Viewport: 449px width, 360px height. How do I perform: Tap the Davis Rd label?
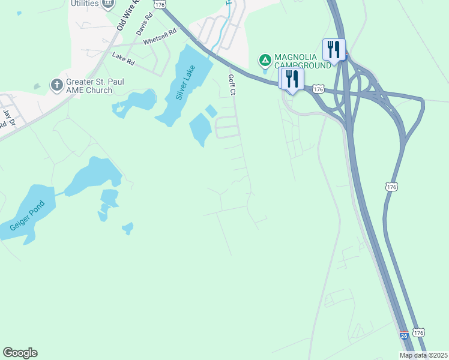pyautogui.click(x=142, y=25)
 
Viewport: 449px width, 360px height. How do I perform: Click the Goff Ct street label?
pyautogui.click(x=232, y=85)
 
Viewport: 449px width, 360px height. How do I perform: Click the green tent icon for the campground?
pyautogui.click(x=264, y=60)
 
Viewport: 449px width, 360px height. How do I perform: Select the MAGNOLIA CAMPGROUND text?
pyautogui.click(x=303, y=61)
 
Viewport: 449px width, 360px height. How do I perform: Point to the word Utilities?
pyautogui.click(x=84, y=4)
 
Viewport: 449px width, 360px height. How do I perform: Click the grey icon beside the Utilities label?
pyautogui.click(x=108, y=4)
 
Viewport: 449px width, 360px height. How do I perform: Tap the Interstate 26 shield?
pyautogui.click(x=405, y=336)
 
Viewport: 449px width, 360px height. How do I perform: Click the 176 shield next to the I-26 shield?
pyautogui.click(x=419, y=332)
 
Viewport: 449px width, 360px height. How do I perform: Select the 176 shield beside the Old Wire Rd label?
pyautogui.click(x=159, y=4)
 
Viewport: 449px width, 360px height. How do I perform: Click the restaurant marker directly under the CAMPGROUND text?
pyautogui.click(x=292, y=79)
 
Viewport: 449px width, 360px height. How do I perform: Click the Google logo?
pyautogui.click(x=20, y=353)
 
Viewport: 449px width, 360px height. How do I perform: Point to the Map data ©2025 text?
pyautogui.click(x=423, y=355)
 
